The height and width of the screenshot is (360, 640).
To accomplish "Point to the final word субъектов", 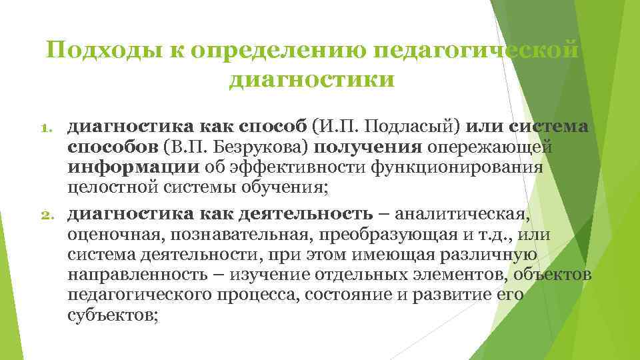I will (112, 315).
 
